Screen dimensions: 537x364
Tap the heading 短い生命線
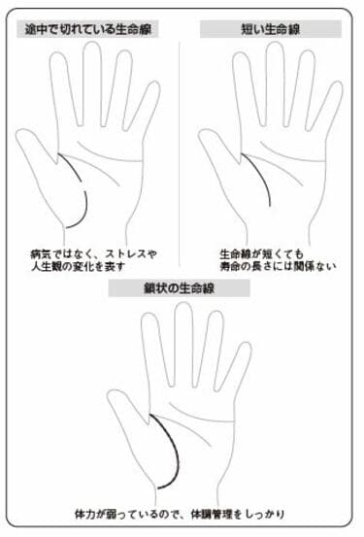pyautogui.click(x=270, y=29)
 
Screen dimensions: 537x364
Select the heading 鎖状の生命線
pyautogui.click(x=182, y=287)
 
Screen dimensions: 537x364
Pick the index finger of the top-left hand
pyautogui.click(x=64, y=87)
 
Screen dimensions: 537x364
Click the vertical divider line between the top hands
pyautogui.click(x=182, y=146)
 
